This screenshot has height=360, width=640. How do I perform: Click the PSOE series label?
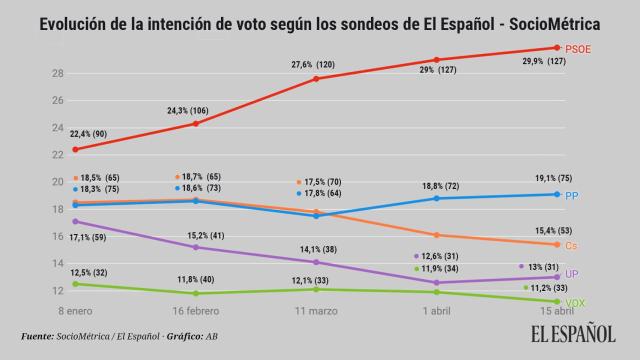click(577, 48)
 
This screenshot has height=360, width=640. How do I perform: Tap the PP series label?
click(571, 195)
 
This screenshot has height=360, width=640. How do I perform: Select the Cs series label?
click(571, 245)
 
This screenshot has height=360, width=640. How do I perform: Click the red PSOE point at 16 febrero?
click(196, 123)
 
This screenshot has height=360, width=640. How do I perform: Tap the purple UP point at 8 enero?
click(76, 221)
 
